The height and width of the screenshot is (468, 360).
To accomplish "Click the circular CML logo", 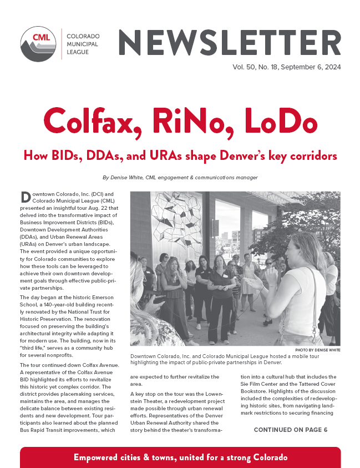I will click(x=39, y=44).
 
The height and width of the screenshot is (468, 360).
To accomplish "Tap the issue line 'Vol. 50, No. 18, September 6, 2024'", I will click(x=286, y=67).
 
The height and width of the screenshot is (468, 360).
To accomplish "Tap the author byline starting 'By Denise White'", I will click(x=180, y=178).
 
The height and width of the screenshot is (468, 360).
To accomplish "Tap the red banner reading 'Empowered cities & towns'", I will click(x=180, y=457).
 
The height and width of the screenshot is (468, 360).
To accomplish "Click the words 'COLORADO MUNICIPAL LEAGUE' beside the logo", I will click(x=82, y=44).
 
